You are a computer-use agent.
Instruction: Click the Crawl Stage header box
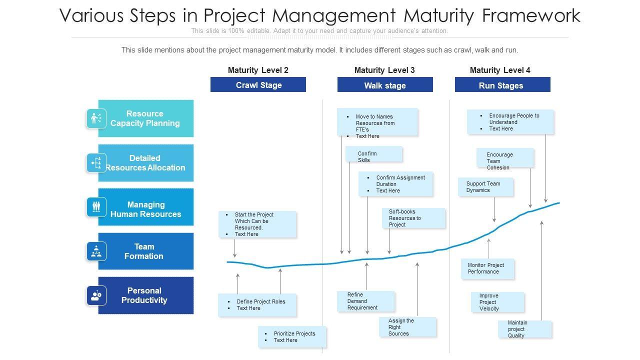258,85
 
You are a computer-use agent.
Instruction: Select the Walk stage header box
385,85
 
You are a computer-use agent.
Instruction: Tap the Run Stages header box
502,85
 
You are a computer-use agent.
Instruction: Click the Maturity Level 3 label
384,70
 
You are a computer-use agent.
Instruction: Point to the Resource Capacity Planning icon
96,118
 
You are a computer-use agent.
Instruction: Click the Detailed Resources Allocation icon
96,163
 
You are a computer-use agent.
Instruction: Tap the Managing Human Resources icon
96,206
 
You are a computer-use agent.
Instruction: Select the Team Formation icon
96,251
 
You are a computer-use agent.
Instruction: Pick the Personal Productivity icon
96,295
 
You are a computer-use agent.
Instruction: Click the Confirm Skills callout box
373,154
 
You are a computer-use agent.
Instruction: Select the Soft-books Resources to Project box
413,218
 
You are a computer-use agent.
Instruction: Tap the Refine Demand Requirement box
365,301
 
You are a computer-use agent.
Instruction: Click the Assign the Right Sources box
407,327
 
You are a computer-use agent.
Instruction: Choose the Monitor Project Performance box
487,268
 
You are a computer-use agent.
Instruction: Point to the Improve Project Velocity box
497,302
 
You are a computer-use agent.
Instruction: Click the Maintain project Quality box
524,329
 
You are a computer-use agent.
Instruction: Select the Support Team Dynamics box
485,187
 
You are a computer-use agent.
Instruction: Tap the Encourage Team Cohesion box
504,158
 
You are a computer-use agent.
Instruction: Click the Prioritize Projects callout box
292,336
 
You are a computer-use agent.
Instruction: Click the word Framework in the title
531,15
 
